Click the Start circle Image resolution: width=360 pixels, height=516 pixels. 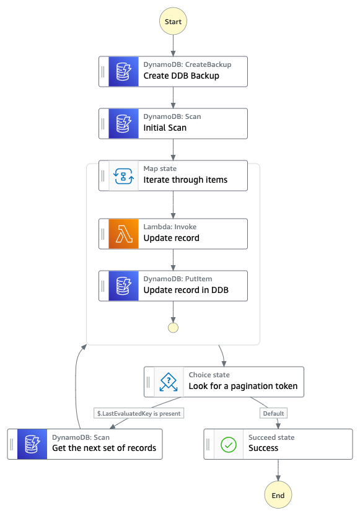click(x=173, y=22)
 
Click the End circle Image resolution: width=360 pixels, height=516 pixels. click(x=278, y=495)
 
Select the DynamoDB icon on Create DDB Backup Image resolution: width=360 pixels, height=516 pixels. click(x=124, y=71)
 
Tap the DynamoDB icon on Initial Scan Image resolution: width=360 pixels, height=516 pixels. click(x=124, y=123)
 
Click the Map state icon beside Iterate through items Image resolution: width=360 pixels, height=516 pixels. click(x=124, y=176)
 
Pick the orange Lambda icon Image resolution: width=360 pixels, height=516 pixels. click(x=124, y=234)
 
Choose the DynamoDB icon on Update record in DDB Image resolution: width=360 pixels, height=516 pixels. click(x=124, y=286)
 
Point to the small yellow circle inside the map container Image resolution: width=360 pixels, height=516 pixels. click(x=173, y=328)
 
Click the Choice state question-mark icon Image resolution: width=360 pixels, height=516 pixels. click(x=169, y=382)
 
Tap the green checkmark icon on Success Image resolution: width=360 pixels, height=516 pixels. click(x=229, y=445)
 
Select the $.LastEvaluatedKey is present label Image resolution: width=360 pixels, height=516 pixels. click(x=139, y=413)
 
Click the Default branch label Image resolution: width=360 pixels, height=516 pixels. click(x=273, y=413)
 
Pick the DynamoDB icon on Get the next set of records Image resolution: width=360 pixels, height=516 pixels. click(x=32, y=444)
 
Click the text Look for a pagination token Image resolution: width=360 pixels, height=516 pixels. click(x=243, y=386)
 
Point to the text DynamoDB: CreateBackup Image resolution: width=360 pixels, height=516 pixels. click(x=187, y=64)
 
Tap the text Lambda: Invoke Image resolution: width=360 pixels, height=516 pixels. click(x=170, y=227)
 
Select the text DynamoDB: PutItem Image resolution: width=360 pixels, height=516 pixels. click(x=178, y=279)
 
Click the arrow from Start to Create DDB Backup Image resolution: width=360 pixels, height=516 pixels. click(x=173, y=45)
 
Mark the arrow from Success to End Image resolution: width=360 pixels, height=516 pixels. click(x=278, y=470)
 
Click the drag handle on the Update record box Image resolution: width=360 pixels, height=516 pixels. click(x=103, y=234)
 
